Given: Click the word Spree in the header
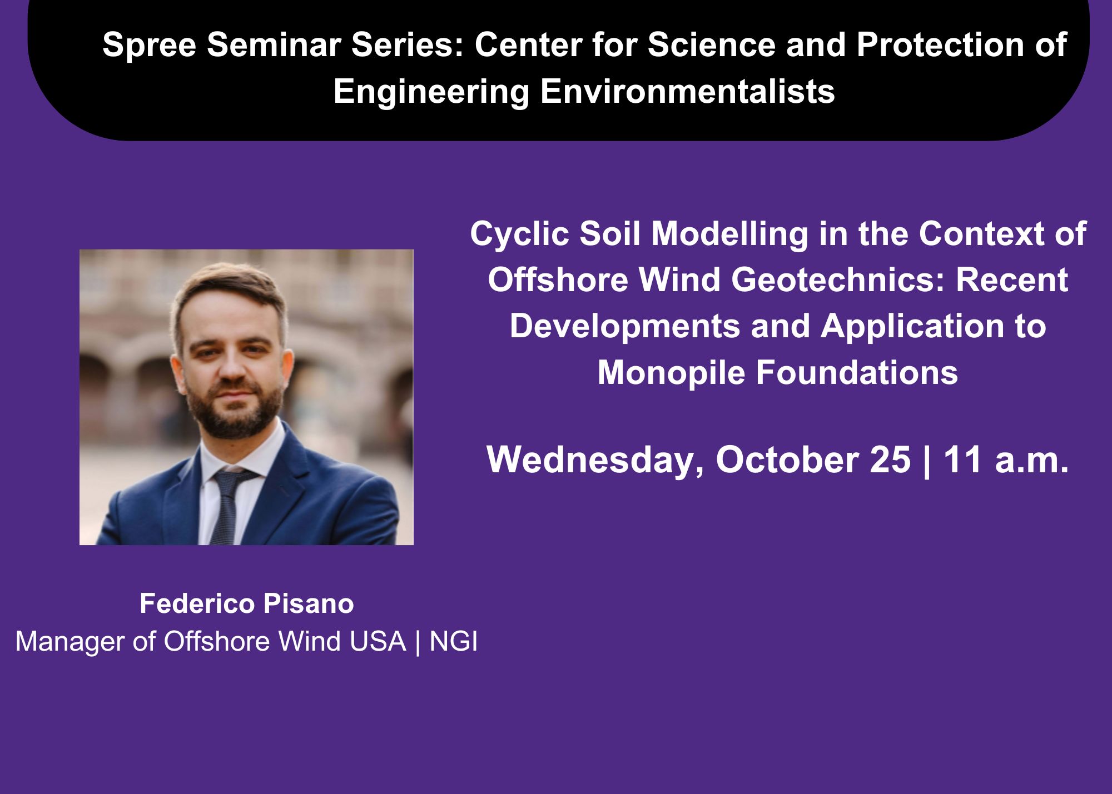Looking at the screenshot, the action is pos(149,46).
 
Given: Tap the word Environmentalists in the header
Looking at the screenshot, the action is pos(687,91).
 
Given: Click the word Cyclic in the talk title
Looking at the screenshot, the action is pos(519,234).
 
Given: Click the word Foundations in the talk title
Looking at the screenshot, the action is pos(857,372).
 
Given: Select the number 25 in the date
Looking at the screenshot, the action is pos(891,461).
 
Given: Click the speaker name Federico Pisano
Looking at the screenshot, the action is pos(247,604).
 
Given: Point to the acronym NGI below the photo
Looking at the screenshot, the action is pos(454,641).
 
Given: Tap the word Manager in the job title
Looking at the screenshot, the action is pos(69,642).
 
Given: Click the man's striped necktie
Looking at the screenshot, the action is pos(227,506).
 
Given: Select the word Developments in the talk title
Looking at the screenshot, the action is pos(625,326).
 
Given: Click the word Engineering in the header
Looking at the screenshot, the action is pos(431,92).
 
